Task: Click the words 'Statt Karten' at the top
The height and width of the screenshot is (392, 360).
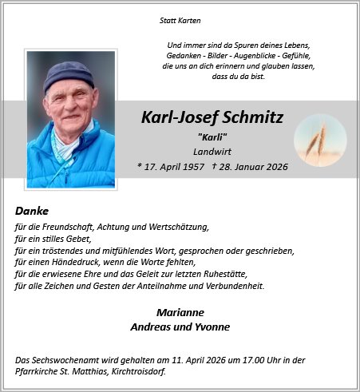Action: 180,19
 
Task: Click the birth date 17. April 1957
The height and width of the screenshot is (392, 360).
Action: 171,166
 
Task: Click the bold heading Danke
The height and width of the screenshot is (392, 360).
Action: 32,211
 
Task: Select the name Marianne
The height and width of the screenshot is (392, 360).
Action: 180,312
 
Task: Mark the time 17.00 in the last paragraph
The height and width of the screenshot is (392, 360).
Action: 224,360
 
